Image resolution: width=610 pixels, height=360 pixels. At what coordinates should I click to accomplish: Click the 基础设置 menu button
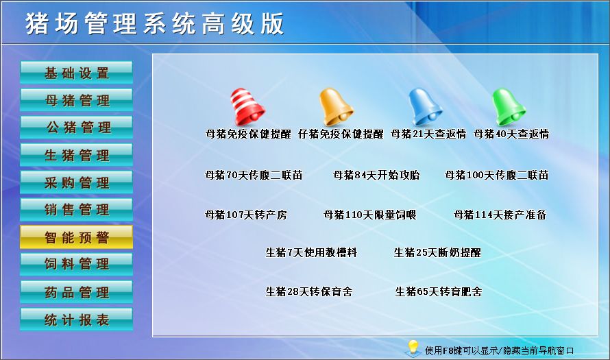coord(76,73)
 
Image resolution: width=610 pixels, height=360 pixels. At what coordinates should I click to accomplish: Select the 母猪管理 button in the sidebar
coord(76,100)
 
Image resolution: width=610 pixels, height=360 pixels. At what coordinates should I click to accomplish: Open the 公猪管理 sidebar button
coord(76,128)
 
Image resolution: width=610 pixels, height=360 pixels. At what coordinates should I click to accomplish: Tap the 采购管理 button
coord(76,182)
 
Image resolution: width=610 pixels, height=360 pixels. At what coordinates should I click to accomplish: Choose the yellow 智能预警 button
coord(76,237)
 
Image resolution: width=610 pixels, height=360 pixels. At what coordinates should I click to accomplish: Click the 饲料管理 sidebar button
coord(76,264)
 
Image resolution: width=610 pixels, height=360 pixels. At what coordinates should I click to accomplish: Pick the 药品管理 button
coord(76,292)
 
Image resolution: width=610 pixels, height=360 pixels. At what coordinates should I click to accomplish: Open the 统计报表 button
coord(76,320)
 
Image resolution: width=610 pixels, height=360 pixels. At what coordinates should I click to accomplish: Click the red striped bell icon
coord(247,106)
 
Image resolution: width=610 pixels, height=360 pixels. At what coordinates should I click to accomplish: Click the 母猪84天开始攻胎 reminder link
coord(376,175)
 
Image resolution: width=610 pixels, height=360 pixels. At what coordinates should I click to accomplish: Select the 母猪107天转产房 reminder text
coord(246,215)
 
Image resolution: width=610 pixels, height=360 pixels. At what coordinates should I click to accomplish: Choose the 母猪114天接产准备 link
coord(500,215)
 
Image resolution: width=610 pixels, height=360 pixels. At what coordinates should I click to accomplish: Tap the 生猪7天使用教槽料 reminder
coord(311,252)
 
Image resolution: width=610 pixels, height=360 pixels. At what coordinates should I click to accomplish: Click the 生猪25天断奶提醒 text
coord(437,252)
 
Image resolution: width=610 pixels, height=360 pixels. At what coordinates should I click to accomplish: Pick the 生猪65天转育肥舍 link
coord(439,291)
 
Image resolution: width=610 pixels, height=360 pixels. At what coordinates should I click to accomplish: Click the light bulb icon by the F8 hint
coord(413,348)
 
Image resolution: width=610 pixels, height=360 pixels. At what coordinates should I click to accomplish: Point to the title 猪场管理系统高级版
coord(154,24)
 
